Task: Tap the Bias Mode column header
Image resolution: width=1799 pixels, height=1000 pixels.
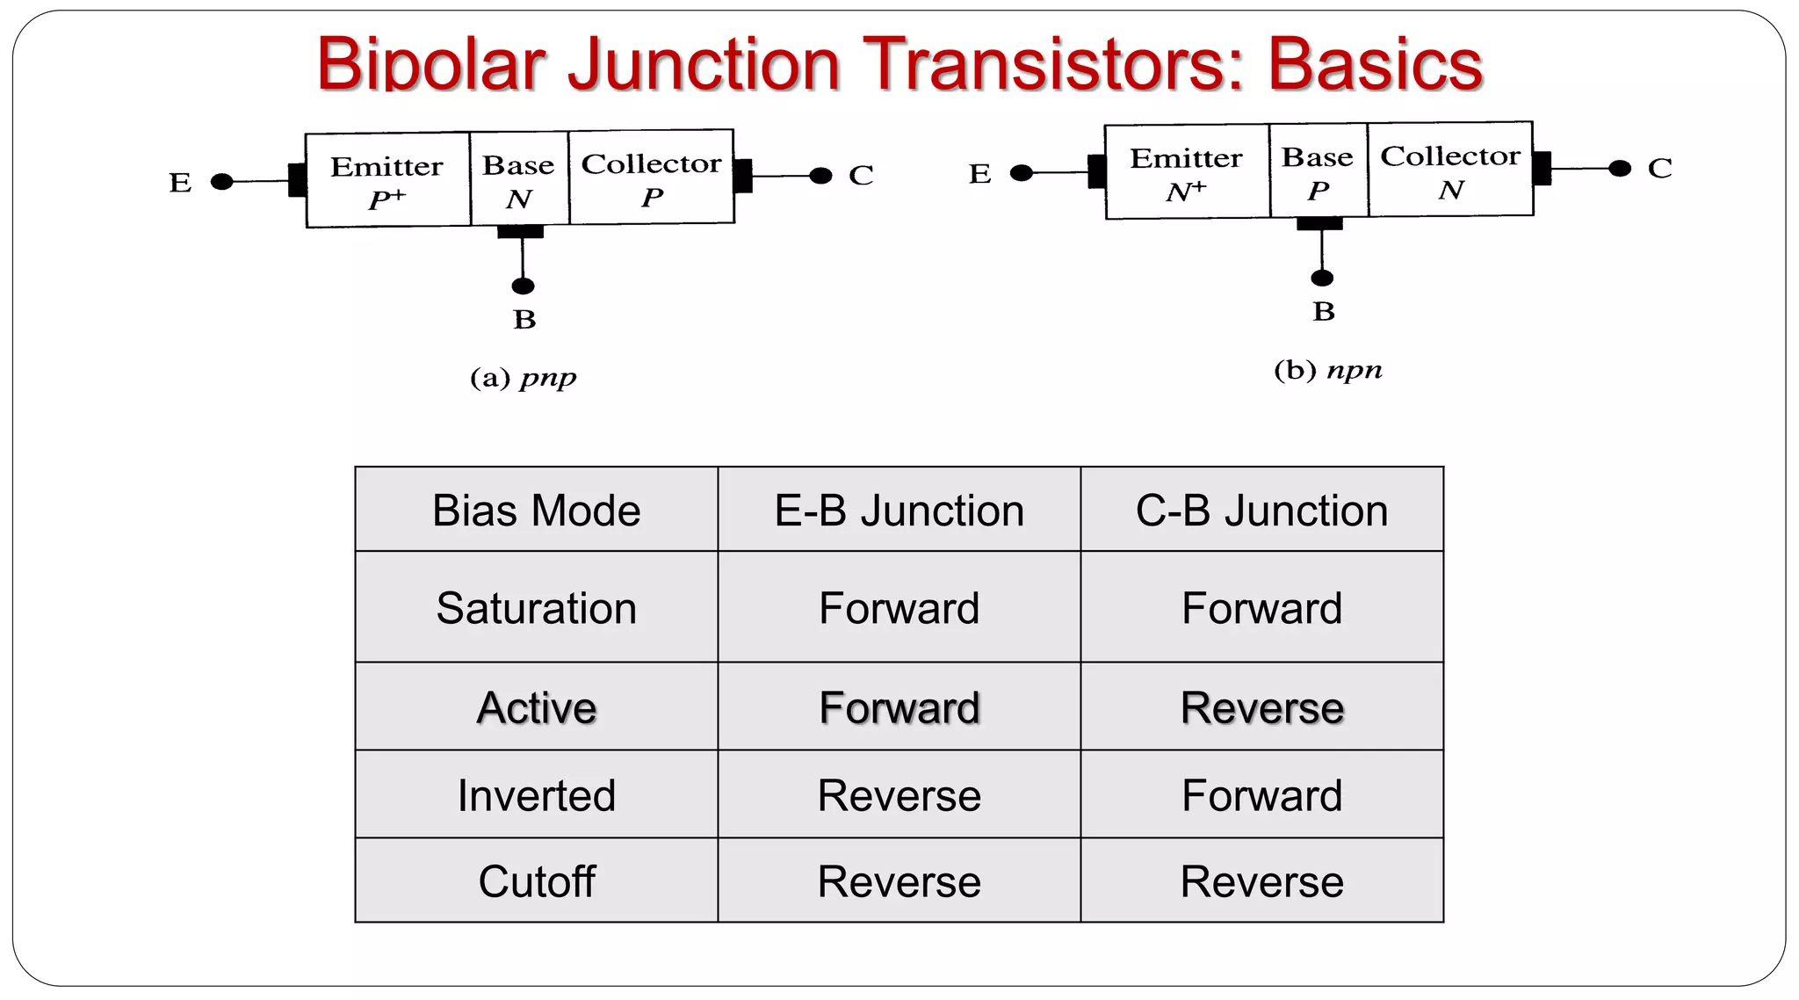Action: (537, 511)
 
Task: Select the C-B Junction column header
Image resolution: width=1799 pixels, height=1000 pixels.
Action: (1261, 511)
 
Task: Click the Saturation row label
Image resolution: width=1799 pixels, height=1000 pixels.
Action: (537, 608)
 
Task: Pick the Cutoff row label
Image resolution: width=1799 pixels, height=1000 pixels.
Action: (537, 881)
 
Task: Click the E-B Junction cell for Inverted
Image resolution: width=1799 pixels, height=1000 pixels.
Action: (899, 795)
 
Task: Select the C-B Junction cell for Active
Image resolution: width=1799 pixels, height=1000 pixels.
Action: (1261, 707)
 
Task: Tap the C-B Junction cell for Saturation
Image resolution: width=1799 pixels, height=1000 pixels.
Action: (1261, 608)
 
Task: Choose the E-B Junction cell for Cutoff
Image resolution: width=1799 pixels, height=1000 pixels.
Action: (899, 881)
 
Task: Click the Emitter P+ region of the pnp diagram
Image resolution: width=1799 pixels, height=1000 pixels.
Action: (387, 181)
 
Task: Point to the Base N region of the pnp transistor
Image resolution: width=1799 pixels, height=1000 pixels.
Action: (519, 180)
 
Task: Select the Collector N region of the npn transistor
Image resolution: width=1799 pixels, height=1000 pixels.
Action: (1450, 171)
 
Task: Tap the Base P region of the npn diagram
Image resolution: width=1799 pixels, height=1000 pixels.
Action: (1318, 172)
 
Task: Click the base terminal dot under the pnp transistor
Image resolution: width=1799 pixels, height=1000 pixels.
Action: (523, 286)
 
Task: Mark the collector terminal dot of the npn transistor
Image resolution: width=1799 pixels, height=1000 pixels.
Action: (1620, 169)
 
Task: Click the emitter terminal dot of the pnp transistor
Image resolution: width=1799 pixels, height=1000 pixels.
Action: (222, 182)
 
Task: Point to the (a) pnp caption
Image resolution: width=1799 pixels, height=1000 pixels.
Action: (524, 378)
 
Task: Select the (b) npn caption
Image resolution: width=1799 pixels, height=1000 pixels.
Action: (1327, 370)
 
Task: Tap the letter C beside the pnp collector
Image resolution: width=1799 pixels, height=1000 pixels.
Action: (861, 176)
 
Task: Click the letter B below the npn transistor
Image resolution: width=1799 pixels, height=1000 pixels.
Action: (1324, 312)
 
